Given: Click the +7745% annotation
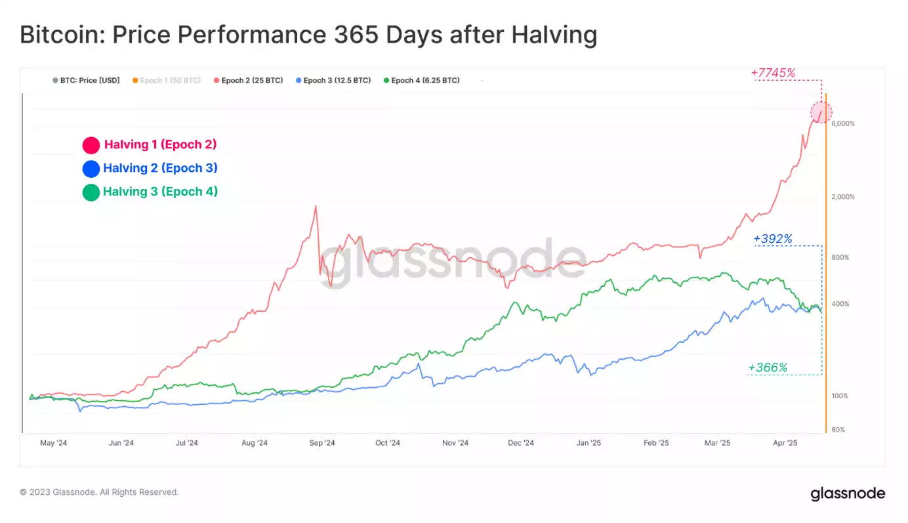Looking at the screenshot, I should pyautogui.click(x=773, y=73).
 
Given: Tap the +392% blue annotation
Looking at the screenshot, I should pyautogui.click(x=773, y=239).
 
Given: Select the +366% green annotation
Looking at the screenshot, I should pyautogui.click(x=768, y=367).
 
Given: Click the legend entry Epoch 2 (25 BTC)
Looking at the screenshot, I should pyautogui.click(x=252, y=80).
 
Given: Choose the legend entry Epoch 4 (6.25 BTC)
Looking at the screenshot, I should pyautogui.click(x=425, y=80).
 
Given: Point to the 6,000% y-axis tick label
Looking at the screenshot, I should pyautogui.click(x=843, y=123).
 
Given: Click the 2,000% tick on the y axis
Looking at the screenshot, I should pyautogui.click(x=843, y=197).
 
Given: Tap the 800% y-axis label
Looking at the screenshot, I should pyautogui.click(x=840, y=257).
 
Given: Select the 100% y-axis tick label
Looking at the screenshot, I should pyautogui.click(x=840, y=396).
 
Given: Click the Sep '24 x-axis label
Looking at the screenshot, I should pyautogui.click(x=321, y=443).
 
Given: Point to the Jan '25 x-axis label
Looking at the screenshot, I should pyautogui.click(x=588, y=443).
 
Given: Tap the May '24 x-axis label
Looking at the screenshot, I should pyautogui.click(x=54, y=443).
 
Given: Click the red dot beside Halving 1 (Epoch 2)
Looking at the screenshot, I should pyautogui.click(x=91, y=145).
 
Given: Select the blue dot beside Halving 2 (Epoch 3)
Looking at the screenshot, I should pyautogui.click(x=91, y=169).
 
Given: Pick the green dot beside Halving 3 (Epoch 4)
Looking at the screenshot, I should pyautogui.click(x=91, y=192).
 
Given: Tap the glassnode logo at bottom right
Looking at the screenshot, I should pyautogui.click(x=848, y=493).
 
